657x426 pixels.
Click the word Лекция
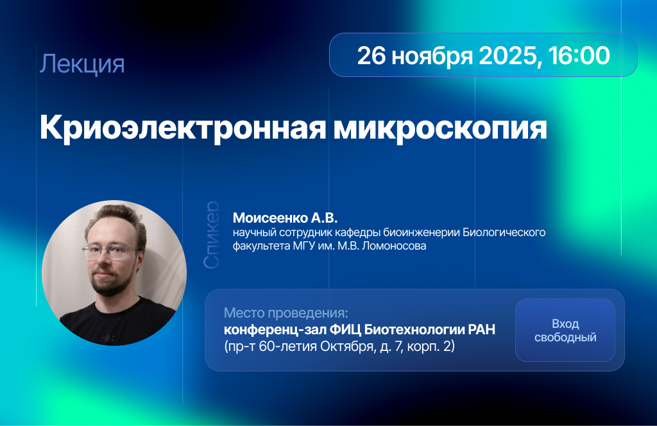coord(82,64)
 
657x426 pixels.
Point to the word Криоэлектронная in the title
coord(183,128)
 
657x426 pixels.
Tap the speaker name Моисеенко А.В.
coord(285,218)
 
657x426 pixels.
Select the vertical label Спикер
coord(211,235)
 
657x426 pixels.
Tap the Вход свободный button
coord(565,330)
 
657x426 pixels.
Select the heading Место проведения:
coord(286,313)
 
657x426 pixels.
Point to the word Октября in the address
coord(346,346)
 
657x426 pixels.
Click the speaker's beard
coord(108,283)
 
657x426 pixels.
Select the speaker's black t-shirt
coord(119,323)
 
